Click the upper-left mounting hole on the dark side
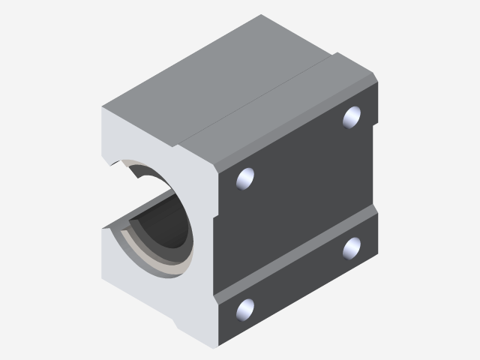coord(245,178)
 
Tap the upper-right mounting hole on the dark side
coord(352,117)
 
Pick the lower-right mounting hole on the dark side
coord(352,247)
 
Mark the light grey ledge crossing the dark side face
coord(300,255)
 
